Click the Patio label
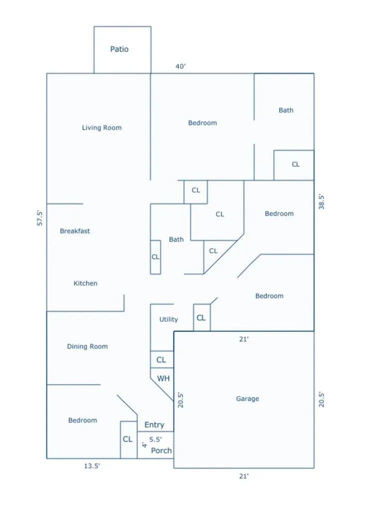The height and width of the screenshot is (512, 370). [119, 49]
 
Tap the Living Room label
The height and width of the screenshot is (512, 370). [102, 127]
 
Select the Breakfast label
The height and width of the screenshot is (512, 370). [75, 231]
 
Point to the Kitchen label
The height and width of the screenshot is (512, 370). [85, 283]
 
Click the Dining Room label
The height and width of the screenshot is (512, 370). [87, 346]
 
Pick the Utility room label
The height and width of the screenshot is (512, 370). [169, 319]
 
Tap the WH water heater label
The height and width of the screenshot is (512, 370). [163, 378]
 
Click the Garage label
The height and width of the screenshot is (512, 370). [248, 398]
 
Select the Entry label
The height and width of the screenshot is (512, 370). [154, 425]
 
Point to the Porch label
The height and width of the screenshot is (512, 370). [161, 450]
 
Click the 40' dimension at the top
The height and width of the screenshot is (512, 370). [181, 66]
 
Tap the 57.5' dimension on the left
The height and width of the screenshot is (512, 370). [40, 218]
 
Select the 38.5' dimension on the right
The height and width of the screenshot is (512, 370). [322, 202]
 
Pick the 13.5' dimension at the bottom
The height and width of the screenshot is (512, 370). [92, 466]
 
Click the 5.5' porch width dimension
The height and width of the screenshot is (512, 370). [155, 439]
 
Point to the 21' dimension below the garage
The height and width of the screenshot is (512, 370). [244, 476]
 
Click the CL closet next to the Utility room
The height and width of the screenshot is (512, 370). [201, 317]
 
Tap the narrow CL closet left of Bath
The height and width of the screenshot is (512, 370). [155, 257]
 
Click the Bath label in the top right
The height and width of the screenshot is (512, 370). [286, 110]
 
